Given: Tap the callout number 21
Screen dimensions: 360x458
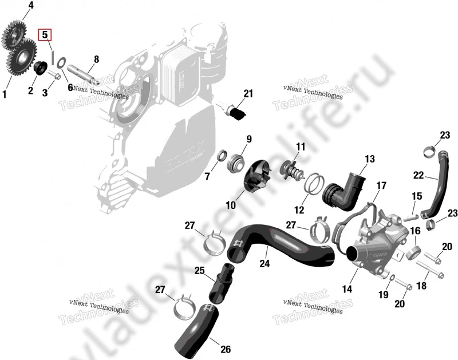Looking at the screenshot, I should click(x=247, y=93).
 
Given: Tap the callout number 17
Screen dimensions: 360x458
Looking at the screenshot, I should click(x=381, y=185).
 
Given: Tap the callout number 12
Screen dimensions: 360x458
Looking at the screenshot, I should click(x=299, y=209).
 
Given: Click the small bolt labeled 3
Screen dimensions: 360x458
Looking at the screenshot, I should click(x=56, y=76).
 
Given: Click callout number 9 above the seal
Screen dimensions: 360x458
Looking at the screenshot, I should click(x=249, y=139).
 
